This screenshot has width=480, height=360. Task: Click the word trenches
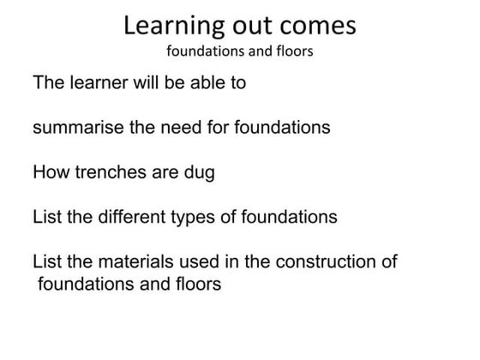point(108,172)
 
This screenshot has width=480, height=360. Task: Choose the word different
point(131,217)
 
